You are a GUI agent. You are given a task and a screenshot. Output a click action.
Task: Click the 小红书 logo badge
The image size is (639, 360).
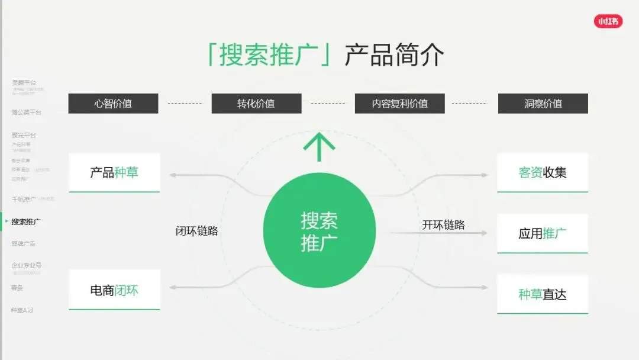pyautogui.click(x=608, y=21)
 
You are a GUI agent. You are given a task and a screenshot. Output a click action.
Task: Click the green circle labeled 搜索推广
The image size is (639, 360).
pyautogui.click(x=319, y=231)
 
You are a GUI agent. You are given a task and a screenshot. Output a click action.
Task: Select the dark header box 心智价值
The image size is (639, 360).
pyautogui.click(x=113, y=104)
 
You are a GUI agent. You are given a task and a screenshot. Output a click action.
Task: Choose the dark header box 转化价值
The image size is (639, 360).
pyautogui.click(x=256, y=104)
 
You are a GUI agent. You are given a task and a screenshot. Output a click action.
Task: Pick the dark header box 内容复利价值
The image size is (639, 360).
pyautogui.click(x=399, y=104)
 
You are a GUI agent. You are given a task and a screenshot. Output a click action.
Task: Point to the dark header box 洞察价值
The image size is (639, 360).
pyautogui.click(x=543, y=104)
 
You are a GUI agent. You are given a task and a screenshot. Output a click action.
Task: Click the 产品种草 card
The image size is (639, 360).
pyautogui.click(x=114, y=172)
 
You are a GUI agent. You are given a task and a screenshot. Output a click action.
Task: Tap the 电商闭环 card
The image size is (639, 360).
pyautogui.click(x=114, y=290)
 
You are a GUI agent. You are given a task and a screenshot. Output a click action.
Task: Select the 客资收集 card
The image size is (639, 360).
pyautogui.click(x=543, y=172)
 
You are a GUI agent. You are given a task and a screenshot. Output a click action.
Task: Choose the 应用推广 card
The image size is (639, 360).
pyautogui.click(x=543, y=233)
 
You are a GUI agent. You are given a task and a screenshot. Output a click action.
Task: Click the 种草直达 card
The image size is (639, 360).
pyautogui.click(x=543, y=294)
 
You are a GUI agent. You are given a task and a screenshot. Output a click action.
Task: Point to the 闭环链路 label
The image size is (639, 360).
pyautogui.click(x=197, y=231)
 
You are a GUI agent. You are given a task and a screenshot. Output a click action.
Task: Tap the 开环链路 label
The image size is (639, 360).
pyautogui.click(x=443, y=225)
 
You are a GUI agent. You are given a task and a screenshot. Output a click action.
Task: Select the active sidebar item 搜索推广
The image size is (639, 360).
pyautogui.click(x=27, y=221)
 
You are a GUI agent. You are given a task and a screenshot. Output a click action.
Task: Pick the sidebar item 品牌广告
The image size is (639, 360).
pyautogui.click(x=24, y=243)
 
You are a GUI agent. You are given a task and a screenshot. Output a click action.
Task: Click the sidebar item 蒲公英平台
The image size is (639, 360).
pyautogui.click(x=27, y=112)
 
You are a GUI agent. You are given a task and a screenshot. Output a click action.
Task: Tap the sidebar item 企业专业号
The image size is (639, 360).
pyautogui.click(x=27, y=265)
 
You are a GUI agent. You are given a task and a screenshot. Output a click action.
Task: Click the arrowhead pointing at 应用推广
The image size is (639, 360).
pyautogui.click(x=485, y=233)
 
